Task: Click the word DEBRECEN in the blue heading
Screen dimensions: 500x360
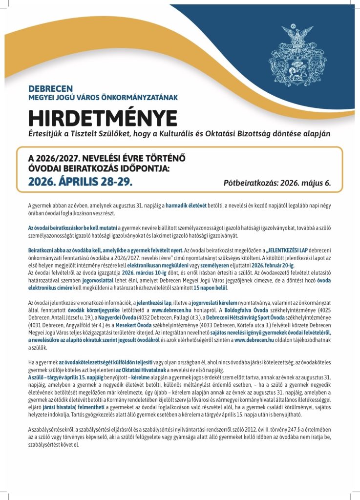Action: (50, 88)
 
